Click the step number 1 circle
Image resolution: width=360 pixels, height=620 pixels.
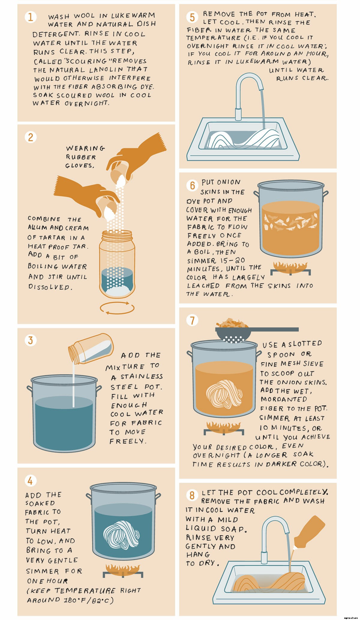coord(30,17)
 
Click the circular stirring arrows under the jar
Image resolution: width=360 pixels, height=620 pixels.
coord(117,308)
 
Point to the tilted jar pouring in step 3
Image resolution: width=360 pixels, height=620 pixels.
coord(91,348)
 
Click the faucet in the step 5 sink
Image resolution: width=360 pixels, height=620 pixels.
coord(246,90)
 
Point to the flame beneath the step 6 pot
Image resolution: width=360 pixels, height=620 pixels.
coord(290,266)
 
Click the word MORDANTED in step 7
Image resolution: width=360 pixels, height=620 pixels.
coord(283,399)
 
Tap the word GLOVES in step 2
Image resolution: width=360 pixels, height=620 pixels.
coord(79,165)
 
